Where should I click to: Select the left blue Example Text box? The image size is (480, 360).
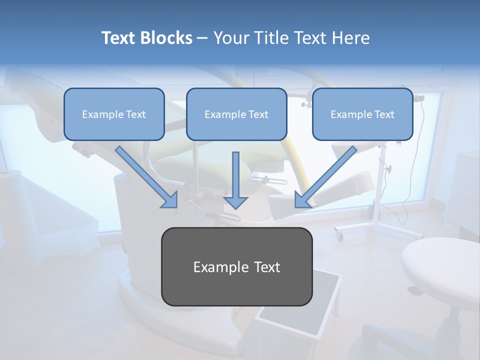(x=114, y=114)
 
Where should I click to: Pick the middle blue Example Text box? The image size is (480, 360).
(x=236, y=114)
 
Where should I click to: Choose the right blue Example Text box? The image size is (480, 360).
(x=362, y=114)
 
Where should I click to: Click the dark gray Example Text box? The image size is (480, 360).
(x=236, y=266)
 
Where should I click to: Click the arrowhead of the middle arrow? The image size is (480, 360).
(x=235, y=202)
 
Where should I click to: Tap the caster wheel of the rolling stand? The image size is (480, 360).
(x=339, y=234)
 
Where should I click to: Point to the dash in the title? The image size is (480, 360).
(x=202, y=38)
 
